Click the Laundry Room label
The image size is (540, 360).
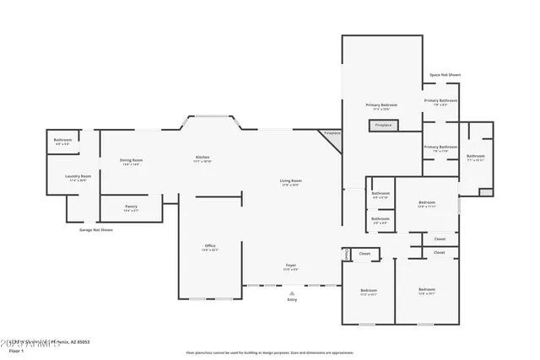[x=79, y=176]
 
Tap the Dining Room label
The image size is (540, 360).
[x=131, y=160]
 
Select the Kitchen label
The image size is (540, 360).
[x=202, y=158]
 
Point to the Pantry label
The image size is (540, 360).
[x=131, y=207]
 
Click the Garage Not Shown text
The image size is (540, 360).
[x=96, y=229]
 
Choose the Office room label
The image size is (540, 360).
[x=210, y=246]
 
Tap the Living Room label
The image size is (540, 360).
[x=291, y=180]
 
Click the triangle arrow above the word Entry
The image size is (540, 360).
[x=292, y=293]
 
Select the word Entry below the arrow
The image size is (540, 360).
[x=292, y=299]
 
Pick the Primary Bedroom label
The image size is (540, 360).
[x=381, y=105]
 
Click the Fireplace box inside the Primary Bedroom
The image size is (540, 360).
[x=383, y=125]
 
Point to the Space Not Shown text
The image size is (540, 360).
[x=445, y=75]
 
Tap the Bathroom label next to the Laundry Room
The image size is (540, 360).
[x=62, y=140]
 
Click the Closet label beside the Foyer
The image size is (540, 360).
[x=364, y=252]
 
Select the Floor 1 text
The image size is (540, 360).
[x=16, y=350]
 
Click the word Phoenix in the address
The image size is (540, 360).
[x=60, y=342]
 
